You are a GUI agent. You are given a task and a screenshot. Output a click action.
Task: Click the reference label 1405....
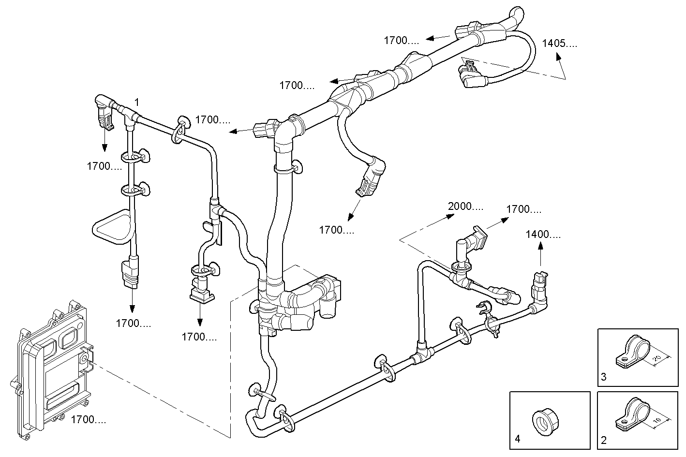point(559,43)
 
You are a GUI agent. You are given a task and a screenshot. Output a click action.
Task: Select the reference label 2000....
point(465,206)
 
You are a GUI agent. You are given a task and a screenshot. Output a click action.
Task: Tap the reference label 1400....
point(543,235)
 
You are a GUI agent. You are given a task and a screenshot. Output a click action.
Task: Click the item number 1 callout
point(137,102)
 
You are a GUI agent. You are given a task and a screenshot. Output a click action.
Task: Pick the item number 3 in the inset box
point(604,377)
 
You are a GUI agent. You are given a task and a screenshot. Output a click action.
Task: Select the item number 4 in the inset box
point(518,439)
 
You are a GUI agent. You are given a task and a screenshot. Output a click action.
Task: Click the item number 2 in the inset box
point(604,440)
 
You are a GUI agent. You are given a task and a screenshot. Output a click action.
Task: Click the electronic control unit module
point(51,368)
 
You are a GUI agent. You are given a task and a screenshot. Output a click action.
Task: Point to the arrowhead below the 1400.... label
point(541,247)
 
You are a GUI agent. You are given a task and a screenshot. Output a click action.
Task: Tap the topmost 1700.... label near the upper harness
point(402,41)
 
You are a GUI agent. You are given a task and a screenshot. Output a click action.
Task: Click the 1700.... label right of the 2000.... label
point(523,209)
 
